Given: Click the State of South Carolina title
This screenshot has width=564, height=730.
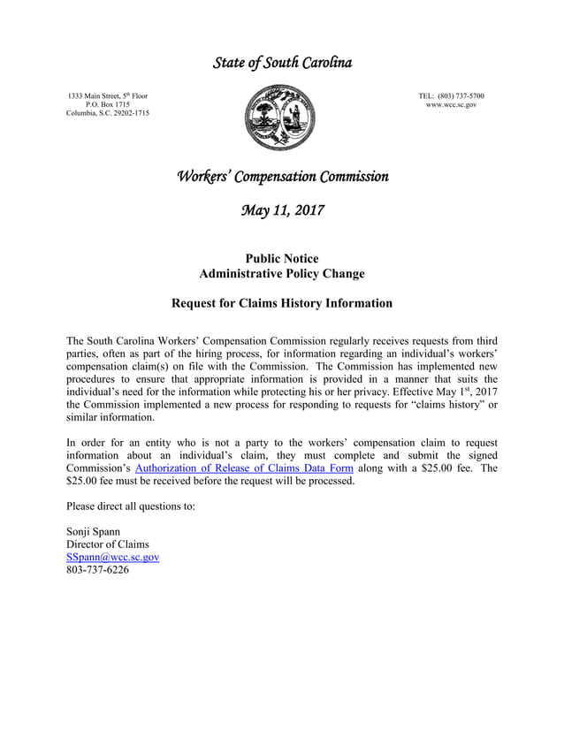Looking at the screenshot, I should click(282, 63).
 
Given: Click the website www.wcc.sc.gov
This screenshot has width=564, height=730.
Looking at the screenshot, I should click(451, 105).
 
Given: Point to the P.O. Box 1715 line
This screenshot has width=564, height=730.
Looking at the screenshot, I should click(108, 105).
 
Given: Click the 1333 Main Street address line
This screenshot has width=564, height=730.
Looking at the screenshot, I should click(108, 95).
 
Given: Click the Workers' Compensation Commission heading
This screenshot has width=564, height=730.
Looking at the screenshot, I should click(282, 176).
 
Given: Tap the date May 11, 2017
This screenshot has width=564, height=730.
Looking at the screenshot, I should click(282, 211).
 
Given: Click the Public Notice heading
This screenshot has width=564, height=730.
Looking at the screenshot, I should click(281, 258).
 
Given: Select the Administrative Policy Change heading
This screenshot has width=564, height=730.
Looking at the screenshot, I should click(281, 274).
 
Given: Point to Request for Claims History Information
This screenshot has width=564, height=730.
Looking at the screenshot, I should click(281, 303).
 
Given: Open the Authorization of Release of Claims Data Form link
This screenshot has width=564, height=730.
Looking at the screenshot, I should click(243, 468).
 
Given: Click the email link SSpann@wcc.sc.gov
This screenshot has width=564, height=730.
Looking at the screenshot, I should click(112, 558).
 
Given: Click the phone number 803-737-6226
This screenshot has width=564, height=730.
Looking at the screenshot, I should click(97, 571).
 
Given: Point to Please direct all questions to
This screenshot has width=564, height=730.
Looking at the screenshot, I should click(130, 506).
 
